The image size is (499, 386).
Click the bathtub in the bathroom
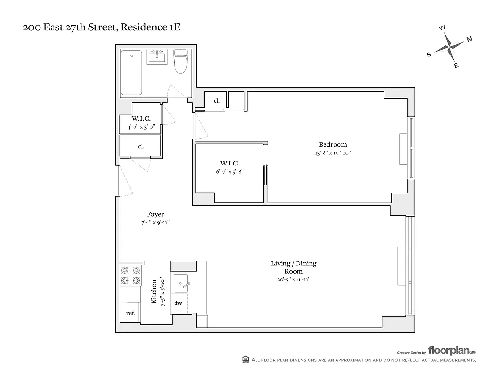click(x=132, y=72)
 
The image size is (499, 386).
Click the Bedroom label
click(x=332, y=144)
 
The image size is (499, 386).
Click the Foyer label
click(x=155, y=214)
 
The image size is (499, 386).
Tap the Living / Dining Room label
click(x=293, y=267)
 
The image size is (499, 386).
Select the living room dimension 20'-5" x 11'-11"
click(x=293, y=279)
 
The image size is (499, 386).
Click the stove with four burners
click(x=131, y=276)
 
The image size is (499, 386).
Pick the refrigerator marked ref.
click(x=130, y=313)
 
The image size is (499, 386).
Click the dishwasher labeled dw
click(x=178, y=303)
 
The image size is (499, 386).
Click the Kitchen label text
click(x=154, y=291)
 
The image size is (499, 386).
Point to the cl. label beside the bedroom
click(x=216, y=101)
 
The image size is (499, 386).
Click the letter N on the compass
click(x=469, y=40)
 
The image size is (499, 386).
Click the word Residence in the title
click(x=146, y=28)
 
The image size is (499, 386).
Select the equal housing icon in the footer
click(x=245, y=359)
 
